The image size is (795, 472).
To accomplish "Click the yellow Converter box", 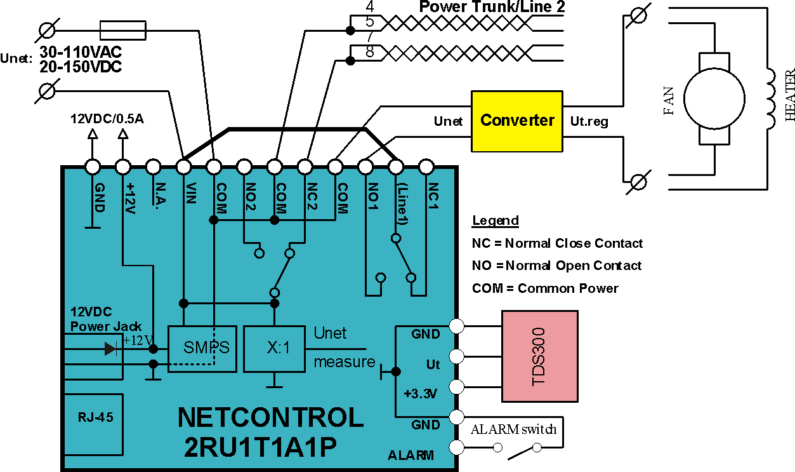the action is pyautogui.click(x=517, y=121).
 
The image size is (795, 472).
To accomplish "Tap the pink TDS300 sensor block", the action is pyautogui.click(x=540, y=356).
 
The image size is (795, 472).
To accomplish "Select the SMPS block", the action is pyautogui.click(x=202, y=349).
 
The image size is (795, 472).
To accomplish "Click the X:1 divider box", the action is pyautogui.click(x=274, y=349).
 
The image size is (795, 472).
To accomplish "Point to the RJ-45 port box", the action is pyautogui.click(x=94, y=424).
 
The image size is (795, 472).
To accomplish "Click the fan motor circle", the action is pyautogui.click(x=714, y=99).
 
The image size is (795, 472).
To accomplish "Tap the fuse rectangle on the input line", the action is pyautogui.click(x=123, y=30).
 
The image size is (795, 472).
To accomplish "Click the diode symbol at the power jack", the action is pyautogui.click(x=111, y=349).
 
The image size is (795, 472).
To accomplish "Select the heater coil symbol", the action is pyautogui.click(x=771, y=99).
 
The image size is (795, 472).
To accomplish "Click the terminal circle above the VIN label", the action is pyautogui.click(x=183, y=166).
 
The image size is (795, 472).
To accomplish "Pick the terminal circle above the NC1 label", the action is pyautogui.click(x=426, y=166).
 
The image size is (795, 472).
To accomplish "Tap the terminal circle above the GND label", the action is pyautogui.click(x=93, y=166).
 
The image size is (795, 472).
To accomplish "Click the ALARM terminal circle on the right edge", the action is pyautogui.click(x=457, y=447).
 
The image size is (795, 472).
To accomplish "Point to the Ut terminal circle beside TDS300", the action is pyautogui.click(x=457, y=356).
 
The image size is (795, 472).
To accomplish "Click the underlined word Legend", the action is pyautogui.click(x=496, y=221).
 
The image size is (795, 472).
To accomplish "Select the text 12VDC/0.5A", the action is pyautogui.click(x=107, y=119).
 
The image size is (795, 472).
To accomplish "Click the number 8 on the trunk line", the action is pyautogui.click(x=370, y=52).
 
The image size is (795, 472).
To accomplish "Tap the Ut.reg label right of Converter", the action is pyautogui.click(x=589, y=121).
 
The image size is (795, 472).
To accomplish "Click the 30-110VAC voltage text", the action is pyautogui.click(x=81, y=52).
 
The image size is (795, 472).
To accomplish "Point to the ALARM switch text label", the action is pyautogui.click(x=513, y=429).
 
